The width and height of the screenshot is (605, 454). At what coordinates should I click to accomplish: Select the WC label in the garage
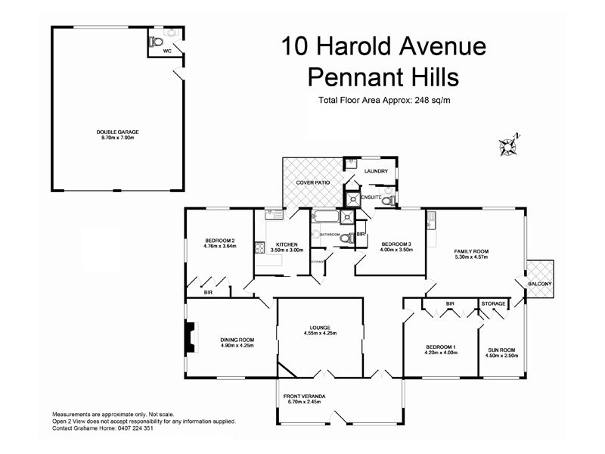pyautogui.click(x=167, y=51)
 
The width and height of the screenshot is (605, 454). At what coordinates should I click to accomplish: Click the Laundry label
pyautogui.click(x=376, y=172)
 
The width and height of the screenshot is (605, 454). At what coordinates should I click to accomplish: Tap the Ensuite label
pyautogui.click(x=371, y=196)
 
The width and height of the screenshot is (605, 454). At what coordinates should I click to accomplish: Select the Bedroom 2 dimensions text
pyautogui.click(x=220, y=246)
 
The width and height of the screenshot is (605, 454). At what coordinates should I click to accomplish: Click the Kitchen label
pyautogui.click(x=287, y=244)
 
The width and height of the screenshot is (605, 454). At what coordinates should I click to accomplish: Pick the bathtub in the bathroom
pyautogui.click(x=325, y=218)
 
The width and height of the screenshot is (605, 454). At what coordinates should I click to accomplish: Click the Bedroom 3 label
pyautogui.click(x=396, y=244)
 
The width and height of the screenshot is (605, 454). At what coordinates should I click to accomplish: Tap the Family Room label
pyautogui.click(x=471, y=251)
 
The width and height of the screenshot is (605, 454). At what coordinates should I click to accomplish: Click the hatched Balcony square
pyautogui.click(x=540, y=272)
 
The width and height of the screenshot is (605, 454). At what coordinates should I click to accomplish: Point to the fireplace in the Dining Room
pyautogui.click(x=190, y=337)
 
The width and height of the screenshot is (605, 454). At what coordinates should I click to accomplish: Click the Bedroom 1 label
pyautogui.click(x=441, y=347)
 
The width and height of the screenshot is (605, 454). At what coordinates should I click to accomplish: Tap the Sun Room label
pyautogui.click(x=501, y=347)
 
